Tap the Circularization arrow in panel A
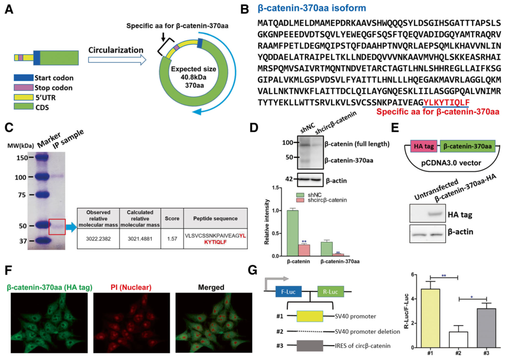click(x=117, y=61)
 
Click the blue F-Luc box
click(x=287, y=291)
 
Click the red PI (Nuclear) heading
click(x=122, y=287)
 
